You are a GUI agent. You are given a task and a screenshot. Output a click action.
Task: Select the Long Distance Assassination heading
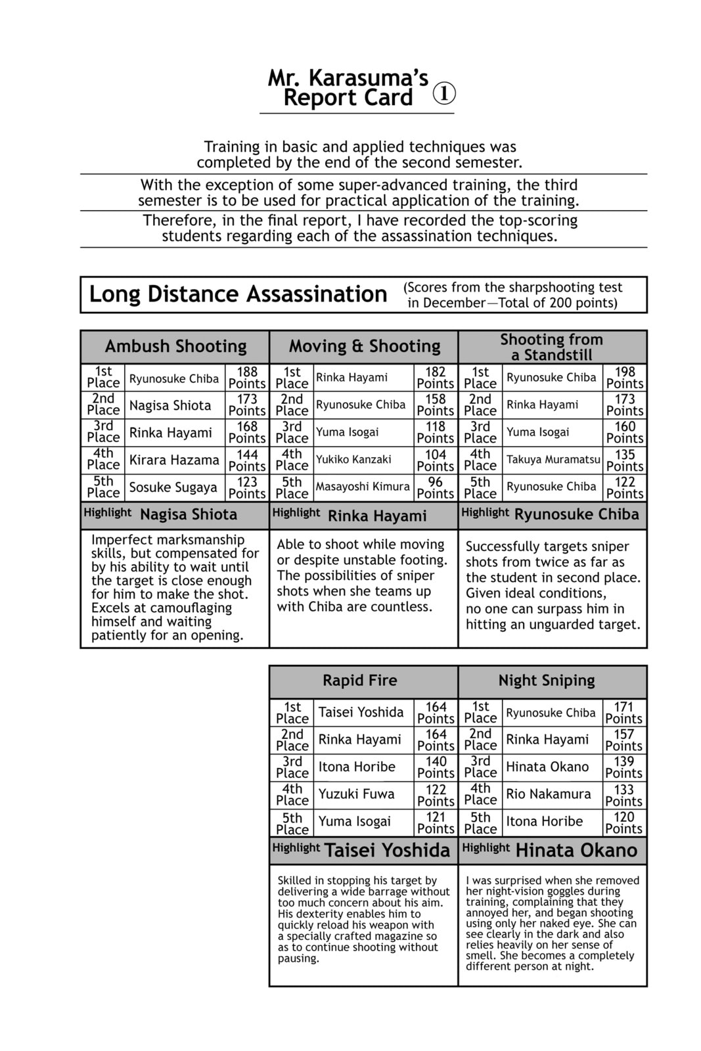238,294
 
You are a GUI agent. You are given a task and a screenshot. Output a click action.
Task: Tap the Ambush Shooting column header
175,346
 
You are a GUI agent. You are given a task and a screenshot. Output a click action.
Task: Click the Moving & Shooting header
365,346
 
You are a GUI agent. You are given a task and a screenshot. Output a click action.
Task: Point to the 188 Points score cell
247,378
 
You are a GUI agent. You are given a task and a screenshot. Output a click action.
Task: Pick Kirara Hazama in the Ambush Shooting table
174,460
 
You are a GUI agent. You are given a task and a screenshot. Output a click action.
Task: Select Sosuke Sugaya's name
173,487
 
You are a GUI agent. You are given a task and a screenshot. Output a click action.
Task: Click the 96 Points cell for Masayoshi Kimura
436,487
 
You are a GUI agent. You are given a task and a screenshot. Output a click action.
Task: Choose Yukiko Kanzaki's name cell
353,460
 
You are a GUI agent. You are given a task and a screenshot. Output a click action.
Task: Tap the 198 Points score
624,378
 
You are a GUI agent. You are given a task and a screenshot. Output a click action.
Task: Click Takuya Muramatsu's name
553,460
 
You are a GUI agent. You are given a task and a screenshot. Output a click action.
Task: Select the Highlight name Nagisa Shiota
189,515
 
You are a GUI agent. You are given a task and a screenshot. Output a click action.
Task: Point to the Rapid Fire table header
359,681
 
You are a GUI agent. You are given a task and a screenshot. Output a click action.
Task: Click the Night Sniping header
547,681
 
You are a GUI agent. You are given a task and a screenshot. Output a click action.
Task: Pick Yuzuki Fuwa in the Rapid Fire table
357,794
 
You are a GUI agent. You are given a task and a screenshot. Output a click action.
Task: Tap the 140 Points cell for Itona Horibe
436,767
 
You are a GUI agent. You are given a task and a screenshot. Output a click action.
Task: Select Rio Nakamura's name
549,794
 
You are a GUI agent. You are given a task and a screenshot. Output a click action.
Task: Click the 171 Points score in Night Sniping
623,713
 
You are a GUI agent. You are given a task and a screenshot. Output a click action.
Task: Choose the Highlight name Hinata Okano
576,851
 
